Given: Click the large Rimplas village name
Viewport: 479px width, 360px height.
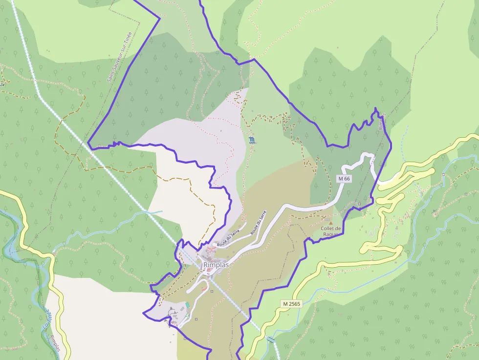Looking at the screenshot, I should [x=216, y=265].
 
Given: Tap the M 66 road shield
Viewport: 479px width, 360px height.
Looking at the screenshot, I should [x=345, y=179].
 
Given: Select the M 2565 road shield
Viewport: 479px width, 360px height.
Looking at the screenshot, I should [x=292, y=304].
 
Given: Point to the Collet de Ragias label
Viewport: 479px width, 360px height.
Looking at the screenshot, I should [x=331, y=231].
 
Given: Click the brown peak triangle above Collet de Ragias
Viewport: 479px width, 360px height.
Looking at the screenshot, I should [x=330, y=223].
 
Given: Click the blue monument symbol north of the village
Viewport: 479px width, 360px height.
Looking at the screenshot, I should [x=251, y=140].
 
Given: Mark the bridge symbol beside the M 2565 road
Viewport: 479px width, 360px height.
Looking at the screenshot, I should [x=270, y=339].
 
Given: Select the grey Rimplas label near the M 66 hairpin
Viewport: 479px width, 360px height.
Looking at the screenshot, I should [x=381, y=122].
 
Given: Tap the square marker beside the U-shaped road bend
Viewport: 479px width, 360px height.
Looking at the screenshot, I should [x=212, y=291].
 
